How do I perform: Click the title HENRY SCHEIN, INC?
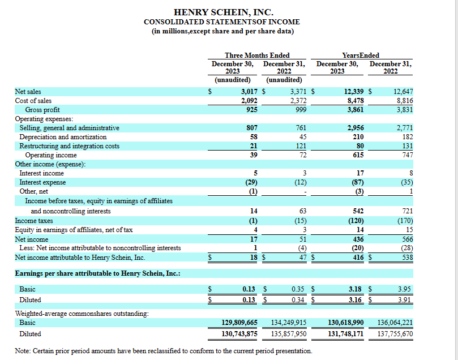[224, 12]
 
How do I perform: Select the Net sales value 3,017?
[249, 92]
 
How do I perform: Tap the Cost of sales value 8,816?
[405, 101]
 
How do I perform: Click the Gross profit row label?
[42, 110]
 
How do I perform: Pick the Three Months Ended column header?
[257, 55]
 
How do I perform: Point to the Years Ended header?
[361, 55]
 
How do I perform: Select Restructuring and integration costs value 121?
[301, 146]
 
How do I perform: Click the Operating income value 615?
[358, 155]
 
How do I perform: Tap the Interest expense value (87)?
[358, 182]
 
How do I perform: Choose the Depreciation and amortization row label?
[63, 137]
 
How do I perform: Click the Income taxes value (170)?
[405, 221]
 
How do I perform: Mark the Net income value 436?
[358, 239]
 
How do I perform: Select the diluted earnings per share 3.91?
[404, 300]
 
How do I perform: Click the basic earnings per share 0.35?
[298, 289]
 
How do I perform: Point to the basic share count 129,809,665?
[239, 323]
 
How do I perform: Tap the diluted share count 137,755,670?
[395, 334]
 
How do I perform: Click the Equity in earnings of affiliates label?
[74, 230]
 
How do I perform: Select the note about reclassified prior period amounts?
[164, 351]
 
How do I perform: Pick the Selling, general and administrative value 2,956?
[356, 128]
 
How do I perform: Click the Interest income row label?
[41, 173]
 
